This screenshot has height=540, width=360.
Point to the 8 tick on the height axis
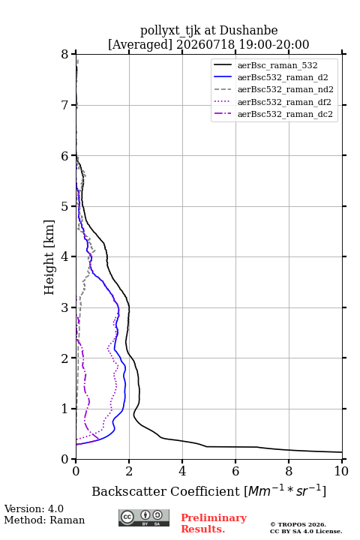(x=64, y=54)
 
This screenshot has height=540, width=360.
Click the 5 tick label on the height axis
(x=64, y=206)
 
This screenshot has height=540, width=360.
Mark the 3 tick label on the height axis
(x=64, y=307)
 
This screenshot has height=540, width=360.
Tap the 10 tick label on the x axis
(x=341, y=471)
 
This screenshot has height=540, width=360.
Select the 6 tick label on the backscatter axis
(x=235, y=471)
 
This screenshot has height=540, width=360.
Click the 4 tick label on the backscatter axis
(x=182, y=471)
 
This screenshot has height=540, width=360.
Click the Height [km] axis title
(x=49, y=257)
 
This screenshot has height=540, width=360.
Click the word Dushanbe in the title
(x=248, y=31)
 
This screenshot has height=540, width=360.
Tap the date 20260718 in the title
(x=205, y=44)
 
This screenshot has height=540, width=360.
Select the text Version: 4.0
(x=34, y=508)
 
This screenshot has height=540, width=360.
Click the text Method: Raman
(x=44, y=520)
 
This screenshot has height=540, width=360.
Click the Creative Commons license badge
(x=144, y=518)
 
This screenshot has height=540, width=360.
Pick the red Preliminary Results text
(x=214, y=523)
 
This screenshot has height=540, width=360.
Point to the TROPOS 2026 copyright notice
(x=298, y=524)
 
